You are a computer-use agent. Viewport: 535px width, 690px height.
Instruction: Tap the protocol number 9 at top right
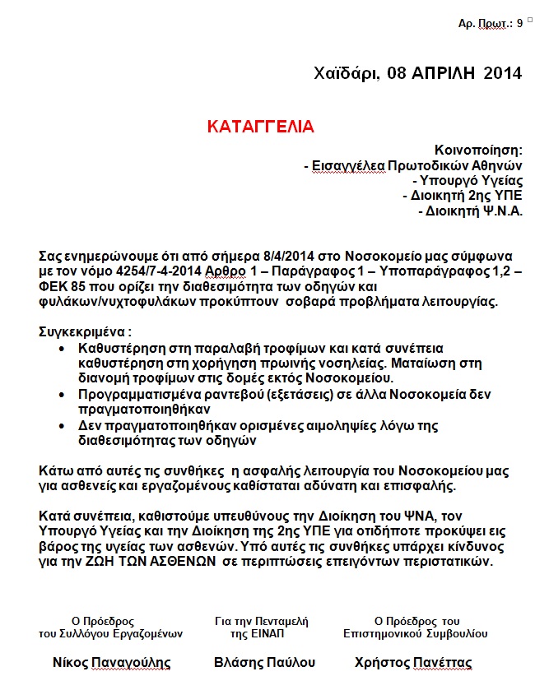(x=519, y=24)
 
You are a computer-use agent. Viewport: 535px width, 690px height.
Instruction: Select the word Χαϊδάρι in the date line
(x=347, y=73)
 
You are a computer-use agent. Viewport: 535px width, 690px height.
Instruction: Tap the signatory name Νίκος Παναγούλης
(x=111, y=662)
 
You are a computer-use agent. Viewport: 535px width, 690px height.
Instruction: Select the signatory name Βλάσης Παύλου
(x=264, y=662)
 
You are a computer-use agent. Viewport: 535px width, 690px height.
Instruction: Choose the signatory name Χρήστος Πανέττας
(x=413, y=662)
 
